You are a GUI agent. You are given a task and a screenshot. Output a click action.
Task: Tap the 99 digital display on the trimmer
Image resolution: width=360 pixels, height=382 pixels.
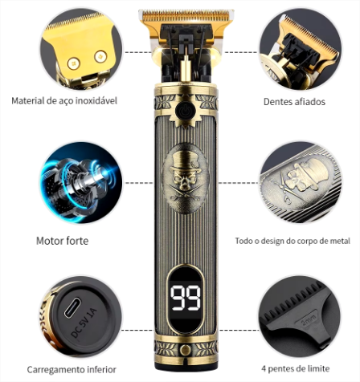(186, 298)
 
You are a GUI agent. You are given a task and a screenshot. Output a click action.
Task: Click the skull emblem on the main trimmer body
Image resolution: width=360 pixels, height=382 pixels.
(186, 178)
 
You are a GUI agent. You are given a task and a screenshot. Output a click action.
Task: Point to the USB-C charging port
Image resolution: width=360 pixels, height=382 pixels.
(72, 308)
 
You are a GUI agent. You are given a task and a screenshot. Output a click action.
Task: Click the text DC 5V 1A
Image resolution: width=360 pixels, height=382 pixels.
(84, 323)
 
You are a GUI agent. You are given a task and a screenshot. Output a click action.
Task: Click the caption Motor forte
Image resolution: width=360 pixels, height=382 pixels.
(62, 241)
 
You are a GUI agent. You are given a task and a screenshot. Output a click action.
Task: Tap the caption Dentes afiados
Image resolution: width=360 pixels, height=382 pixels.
(294, 102)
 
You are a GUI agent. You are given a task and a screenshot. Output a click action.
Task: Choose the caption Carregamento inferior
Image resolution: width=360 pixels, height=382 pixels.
(72, 370)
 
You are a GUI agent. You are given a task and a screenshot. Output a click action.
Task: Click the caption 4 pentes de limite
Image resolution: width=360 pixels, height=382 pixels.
(296, 368)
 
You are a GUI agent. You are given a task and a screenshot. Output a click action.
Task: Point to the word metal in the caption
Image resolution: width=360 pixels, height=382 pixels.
(340, 241)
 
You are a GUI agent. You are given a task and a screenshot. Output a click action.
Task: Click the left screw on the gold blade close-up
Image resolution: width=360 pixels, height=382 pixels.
(74, 63)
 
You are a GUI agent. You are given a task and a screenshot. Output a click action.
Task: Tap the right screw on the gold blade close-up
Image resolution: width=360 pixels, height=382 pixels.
(100, 56)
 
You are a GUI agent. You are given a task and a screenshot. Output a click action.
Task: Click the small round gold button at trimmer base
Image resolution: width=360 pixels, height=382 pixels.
(186, 350)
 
